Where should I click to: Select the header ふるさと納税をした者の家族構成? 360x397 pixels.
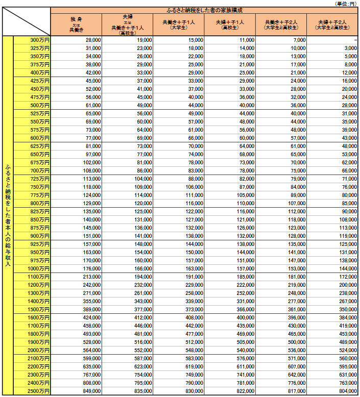(204, 10)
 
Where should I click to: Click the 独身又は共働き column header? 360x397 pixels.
(76, 24)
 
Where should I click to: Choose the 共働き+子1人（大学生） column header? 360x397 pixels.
(178, 24)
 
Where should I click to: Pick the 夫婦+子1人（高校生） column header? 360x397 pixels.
(229, 24)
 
